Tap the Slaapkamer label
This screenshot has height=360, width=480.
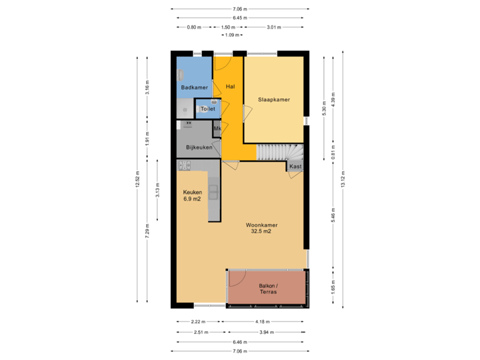tap(274, 99)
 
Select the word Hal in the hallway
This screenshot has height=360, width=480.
tap(230, 87)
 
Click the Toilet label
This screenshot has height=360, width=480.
tap(207, 108)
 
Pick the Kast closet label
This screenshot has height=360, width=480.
tap(296, 166)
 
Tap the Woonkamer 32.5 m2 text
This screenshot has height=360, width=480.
tap(261, 229)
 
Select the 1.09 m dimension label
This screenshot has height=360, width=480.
tap(231, 35)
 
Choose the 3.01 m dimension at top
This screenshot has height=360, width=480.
tap(273, 27)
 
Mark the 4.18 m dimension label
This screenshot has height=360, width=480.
tap(267, 321)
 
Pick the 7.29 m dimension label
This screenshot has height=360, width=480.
tap(147, 230)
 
